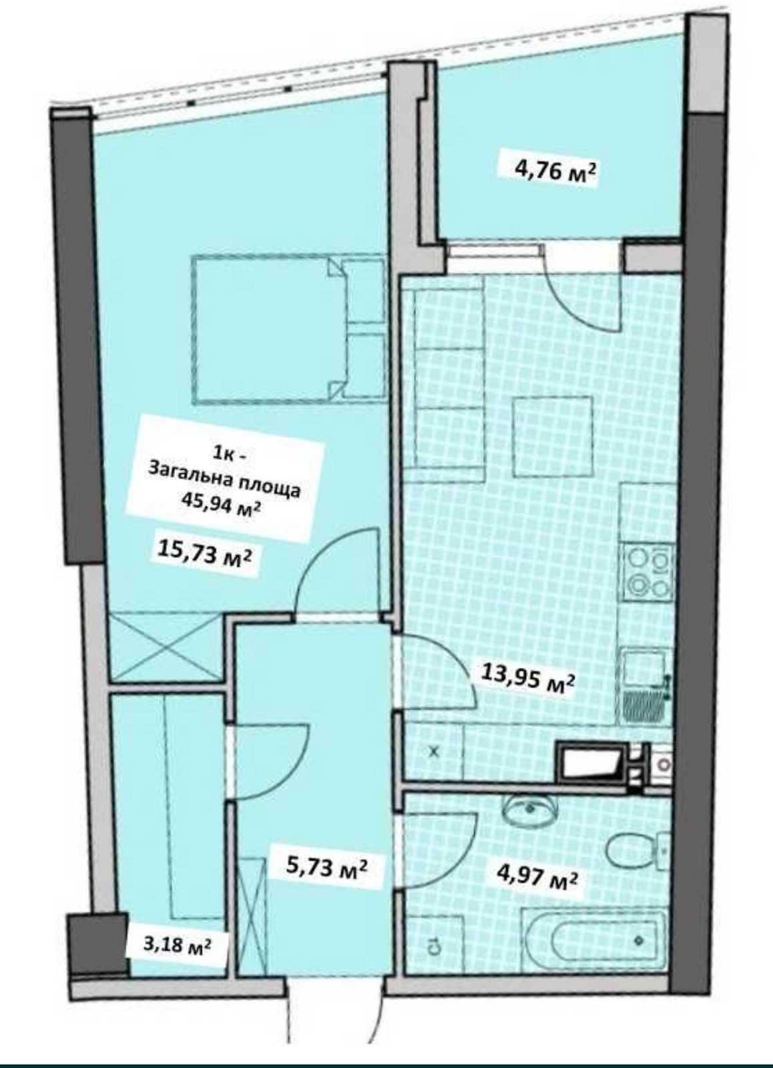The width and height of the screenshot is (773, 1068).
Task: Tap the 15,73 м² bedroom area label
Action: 208,555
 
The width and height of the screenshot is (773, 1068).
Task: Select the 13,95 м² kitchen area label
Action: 527,680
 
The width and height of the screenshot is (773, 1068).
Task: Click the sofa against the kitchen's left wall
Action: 449,382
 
